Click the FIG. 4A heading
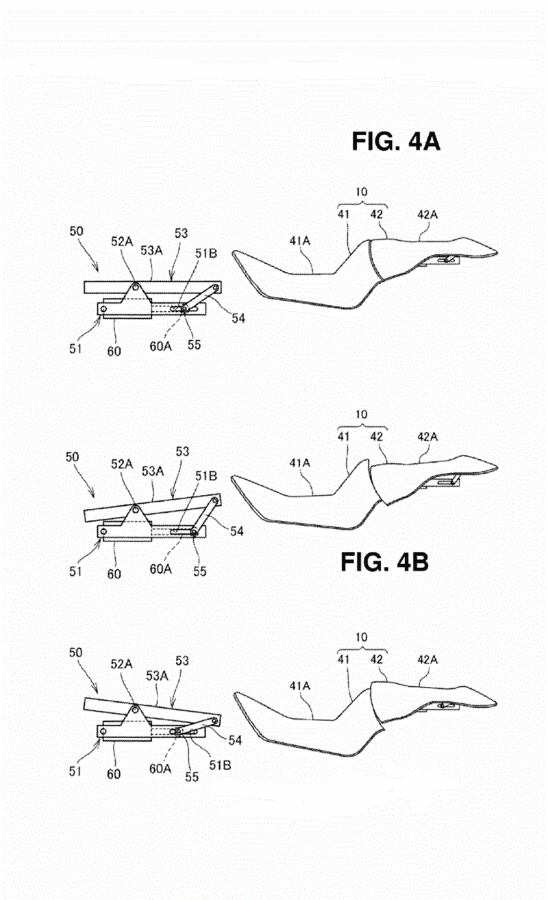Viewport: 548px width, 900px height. coord(396,141)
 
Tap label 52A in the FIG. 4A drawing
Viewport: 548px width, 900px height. coord(122,241)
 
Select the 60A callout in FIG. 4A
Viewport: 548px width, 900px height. coord(160,346)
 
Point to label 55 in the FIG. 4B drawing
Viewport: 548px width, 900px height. coord(199,571)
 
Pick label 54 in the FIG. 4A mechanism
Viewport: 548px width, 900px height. coord(238,318)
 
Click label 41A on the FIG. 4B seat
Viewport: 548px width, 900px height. coord(299,463)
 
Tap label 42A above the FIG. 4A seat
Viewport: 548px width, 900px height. coord(427,215)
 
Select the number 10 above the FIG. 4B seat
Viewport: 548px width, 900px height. coord(361,414)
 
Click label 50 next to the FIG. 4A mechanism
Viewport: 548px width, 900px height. coord(76,231)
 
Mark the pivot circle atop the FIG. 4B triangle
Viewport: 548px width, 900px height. coord(136,509)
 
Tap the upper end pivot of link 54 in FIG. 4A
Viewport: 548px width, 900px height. coord(216,288)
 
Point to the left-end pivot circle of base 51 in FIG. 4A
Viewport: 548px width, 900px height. coord(103,308)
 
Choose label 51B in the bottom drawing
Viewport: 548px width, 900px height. coord(220,765)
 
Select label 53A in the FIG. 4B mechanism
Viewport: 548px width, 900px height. coord(153,471)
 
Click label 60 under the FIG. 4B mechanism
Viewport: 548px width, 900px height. coord(114,574)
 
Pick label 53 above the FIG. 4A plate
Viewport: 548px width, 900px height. coord(181,233)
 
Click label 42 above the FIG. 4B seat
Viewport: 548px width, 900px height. coord(377,437)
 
